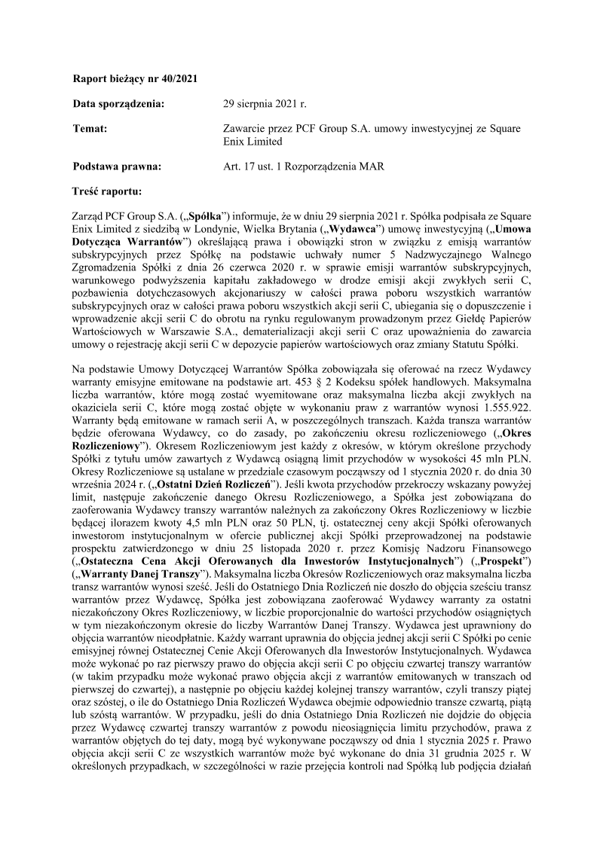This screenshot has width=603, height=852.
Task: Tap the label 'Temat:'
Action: click(x=90, y=129)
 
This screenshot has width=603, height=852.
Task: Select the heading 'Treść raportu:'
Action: click(x=109, y=191)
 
